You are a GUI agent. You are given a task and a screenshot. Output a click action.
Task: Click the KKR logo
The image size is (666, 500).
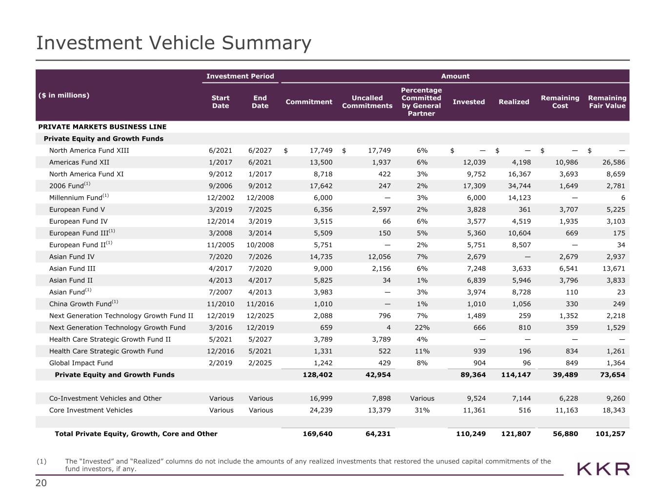pyautogui.click(x=603, y=469)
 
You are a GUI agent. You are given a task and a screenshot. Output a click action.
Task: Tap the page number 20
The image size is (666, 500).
pyautogui.click(x=41, y=483)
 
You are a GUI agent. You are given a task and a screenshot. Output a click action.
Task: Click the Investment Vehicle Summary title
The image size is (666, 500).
pyautogui.click(x=174, y=43)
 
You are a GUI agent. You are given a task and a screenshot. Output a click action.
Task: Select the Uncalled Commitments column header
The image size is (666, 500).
pyautogui.click(x=367, y=102)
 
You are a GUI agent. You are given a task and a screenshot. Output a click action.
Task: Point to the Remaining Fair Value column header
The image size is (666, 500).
pyautogui.click(x=607, y=102)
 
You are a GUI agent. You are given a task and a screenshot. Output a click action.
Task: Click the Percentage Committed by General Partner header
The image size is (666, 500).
pyautogui.click(x=421, y=102)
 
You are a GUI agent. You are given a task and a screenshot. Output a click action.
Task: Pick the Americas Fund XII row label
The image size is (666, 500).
pyautogui.click(x=79, y=162)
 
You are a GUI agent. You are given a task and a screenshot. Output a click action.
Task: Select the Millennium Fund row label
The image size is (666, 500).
pyautogui.click(x=79, y=197)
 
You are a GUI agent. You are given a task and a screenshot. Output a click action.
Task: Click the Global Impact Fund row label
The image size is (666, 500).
pyautogui.click(x=81, y=363)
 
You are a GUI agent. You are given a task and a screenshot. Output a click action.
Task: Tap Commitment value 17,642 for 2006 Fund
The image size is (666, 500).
pyautogui.click(x=321, y=186)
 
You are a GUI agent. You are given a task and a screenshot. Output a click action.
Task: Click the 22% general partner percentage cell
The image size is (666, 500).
pyautogui.click(x=422, y=328)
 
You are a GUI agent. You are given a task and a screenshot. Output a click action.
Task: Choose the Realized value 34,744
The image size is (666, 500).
pyautogui.click(x=520, y=186)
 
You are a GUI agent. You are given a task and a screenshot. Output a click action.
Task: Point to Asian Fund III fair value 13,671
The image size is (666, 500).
pyautogui.click(x=614, y=269)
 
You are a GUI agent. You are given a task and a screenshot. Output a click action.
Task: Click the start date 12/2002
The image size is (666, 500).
pyautogui.click(x=221, y=198)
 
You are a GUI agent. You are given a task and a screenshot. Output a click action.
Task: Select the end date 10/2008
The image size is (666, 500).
pyautogui.click(x=260, y=245)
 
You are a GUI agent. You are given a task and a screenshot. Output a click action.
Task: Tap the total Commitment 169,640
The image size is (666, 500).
pyautogui.click(x=318, y=434)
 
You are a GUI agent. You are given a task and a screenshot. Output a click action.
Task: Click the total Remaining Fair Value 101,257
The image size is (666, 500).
pyautogui.click(x=610, y=434)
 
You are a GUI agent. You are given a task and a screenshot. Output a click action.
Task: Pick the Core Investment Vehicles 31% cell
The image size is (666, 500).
pyautogui.click(x=422, y=410)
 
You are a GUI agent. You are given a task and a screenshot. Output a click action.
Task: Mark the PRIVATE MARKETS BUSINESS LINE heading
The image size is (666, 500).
pyautogui.click(x=102, y=127)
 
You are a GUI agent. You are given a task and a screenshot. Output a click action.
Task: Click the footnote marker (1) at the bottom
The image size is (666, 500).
pyautogui.click(x=41, y=461)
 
